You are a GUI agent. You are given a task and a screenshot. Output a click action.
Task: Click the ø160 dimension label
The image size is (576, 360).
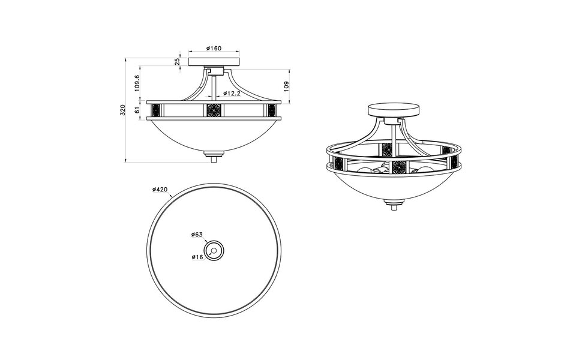[214, 48]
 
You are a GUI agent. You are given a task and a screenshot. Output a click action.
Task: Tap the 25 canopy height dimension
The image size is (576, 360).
[178, 61]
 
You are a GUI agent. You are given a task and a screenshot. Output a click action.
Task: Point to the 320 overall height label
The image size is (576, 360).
[122, 110]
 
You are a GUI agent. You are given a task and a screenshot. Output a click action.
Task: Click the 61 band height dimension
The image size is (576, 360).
[137, 110]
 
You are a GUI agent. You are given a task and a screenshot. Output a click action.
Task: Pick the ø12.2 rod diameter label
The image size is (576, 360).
[232, 94]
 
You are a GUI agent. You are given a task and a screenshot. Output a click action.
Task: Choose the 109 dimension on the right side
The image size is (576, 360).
[287, 86]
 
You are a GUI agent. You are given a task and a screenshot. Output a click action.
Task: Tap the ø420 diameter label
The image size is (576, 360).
[160, 190]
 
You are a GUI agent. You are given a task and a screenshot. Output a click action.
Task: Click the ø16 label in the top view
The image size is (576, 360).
[199, 257]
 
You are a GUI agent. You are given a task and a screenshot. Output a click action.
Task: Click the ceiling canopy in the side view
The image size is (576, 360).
[214, 61]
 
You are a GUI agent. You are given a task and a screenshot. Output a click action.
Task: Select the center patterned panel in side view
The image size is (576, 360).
[214, 110]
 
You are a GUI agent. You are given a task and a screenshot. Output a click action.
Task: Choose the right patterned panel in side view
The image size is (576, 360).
[271, 110]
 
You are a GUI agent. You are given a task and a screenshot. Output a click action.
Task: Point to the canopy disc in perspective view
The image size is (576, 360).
[393, 112]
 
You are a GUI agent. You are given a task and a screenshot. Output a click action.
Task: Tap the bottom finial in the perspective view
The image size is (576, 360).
[394, 208]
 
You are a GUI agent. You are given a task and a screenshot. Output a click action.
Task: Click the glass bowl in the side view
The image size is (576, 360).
[214, 135]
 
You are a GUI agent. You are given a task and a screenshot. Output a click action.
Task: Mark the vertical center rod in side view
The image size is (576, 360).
[214, 84]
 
